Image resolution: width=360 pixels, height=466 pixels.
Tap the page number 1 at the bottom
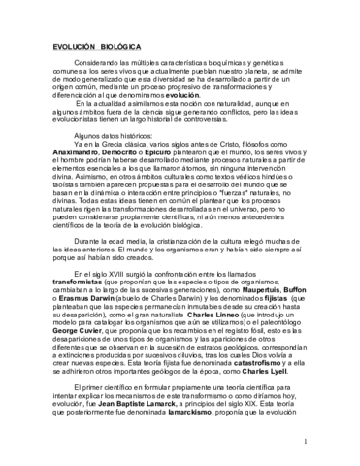[331, 443]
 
